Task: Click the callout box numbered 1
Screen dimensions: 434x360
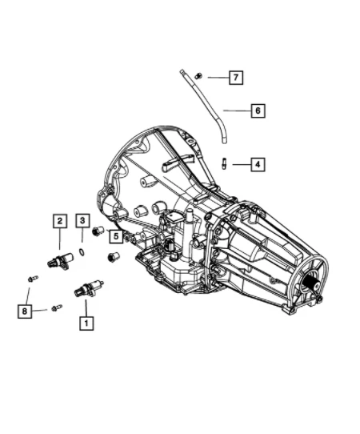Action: [x=84, y=323]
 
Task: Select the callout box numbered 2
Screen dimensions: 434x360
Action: [x=59, y=220]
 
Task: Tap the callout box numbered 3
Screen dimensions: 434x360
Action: [x=82, y=220]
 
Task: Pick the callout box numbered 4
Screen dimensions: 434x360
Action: [x=257, y=164]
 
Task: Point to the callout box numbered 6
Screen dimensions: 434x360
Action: [x=257, y=111]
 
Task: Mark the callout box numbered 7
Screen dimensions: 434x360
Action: [x=235, y=78]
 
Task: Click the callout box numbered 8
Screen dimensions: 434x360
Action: [x=25, y=310]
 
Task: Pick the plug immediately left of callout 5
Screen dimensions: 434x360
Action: [x=100, y=231]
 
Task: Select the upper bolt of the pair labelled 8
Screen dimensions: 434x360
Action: [x=31, y=278]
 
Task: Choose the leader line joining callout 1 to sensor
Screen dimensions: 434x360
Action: [x=84, y=307]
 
